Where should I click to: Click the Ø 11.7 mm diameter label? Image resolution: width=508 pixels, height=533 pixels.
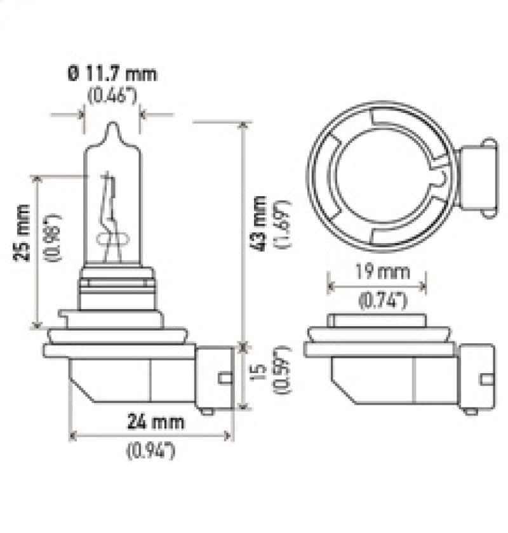111,74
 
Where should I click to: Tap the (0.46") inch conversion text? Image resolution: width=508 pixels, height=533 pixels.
112,96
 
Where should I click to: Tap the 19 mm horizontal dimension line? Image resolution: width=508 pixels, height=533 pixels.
377,286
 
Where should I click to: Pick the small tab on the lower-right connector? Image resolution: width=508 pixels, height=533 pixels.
488,379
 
